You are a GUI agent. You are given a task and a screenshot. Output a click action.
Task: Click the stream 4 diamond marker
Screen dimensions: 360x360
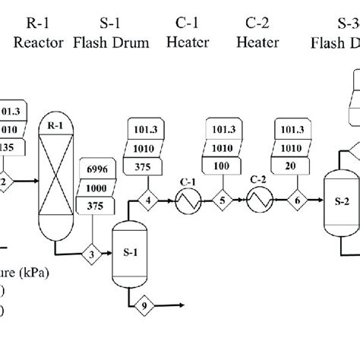pyautogui.click(x=148, y=201)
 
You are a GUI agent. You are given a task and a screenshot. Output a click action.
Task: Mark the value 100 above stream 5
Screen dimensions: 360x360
pyautogui.click(x=223, y=166)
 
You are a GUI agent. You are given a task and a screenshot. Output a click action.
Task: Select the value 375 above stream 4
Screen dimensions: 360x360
pyautogui.click(x=148, y=166)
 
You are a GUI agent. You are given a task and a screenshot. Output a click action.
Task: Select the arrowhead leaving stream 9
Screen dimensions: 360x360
pyautogui.click(x=184, y=306)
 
